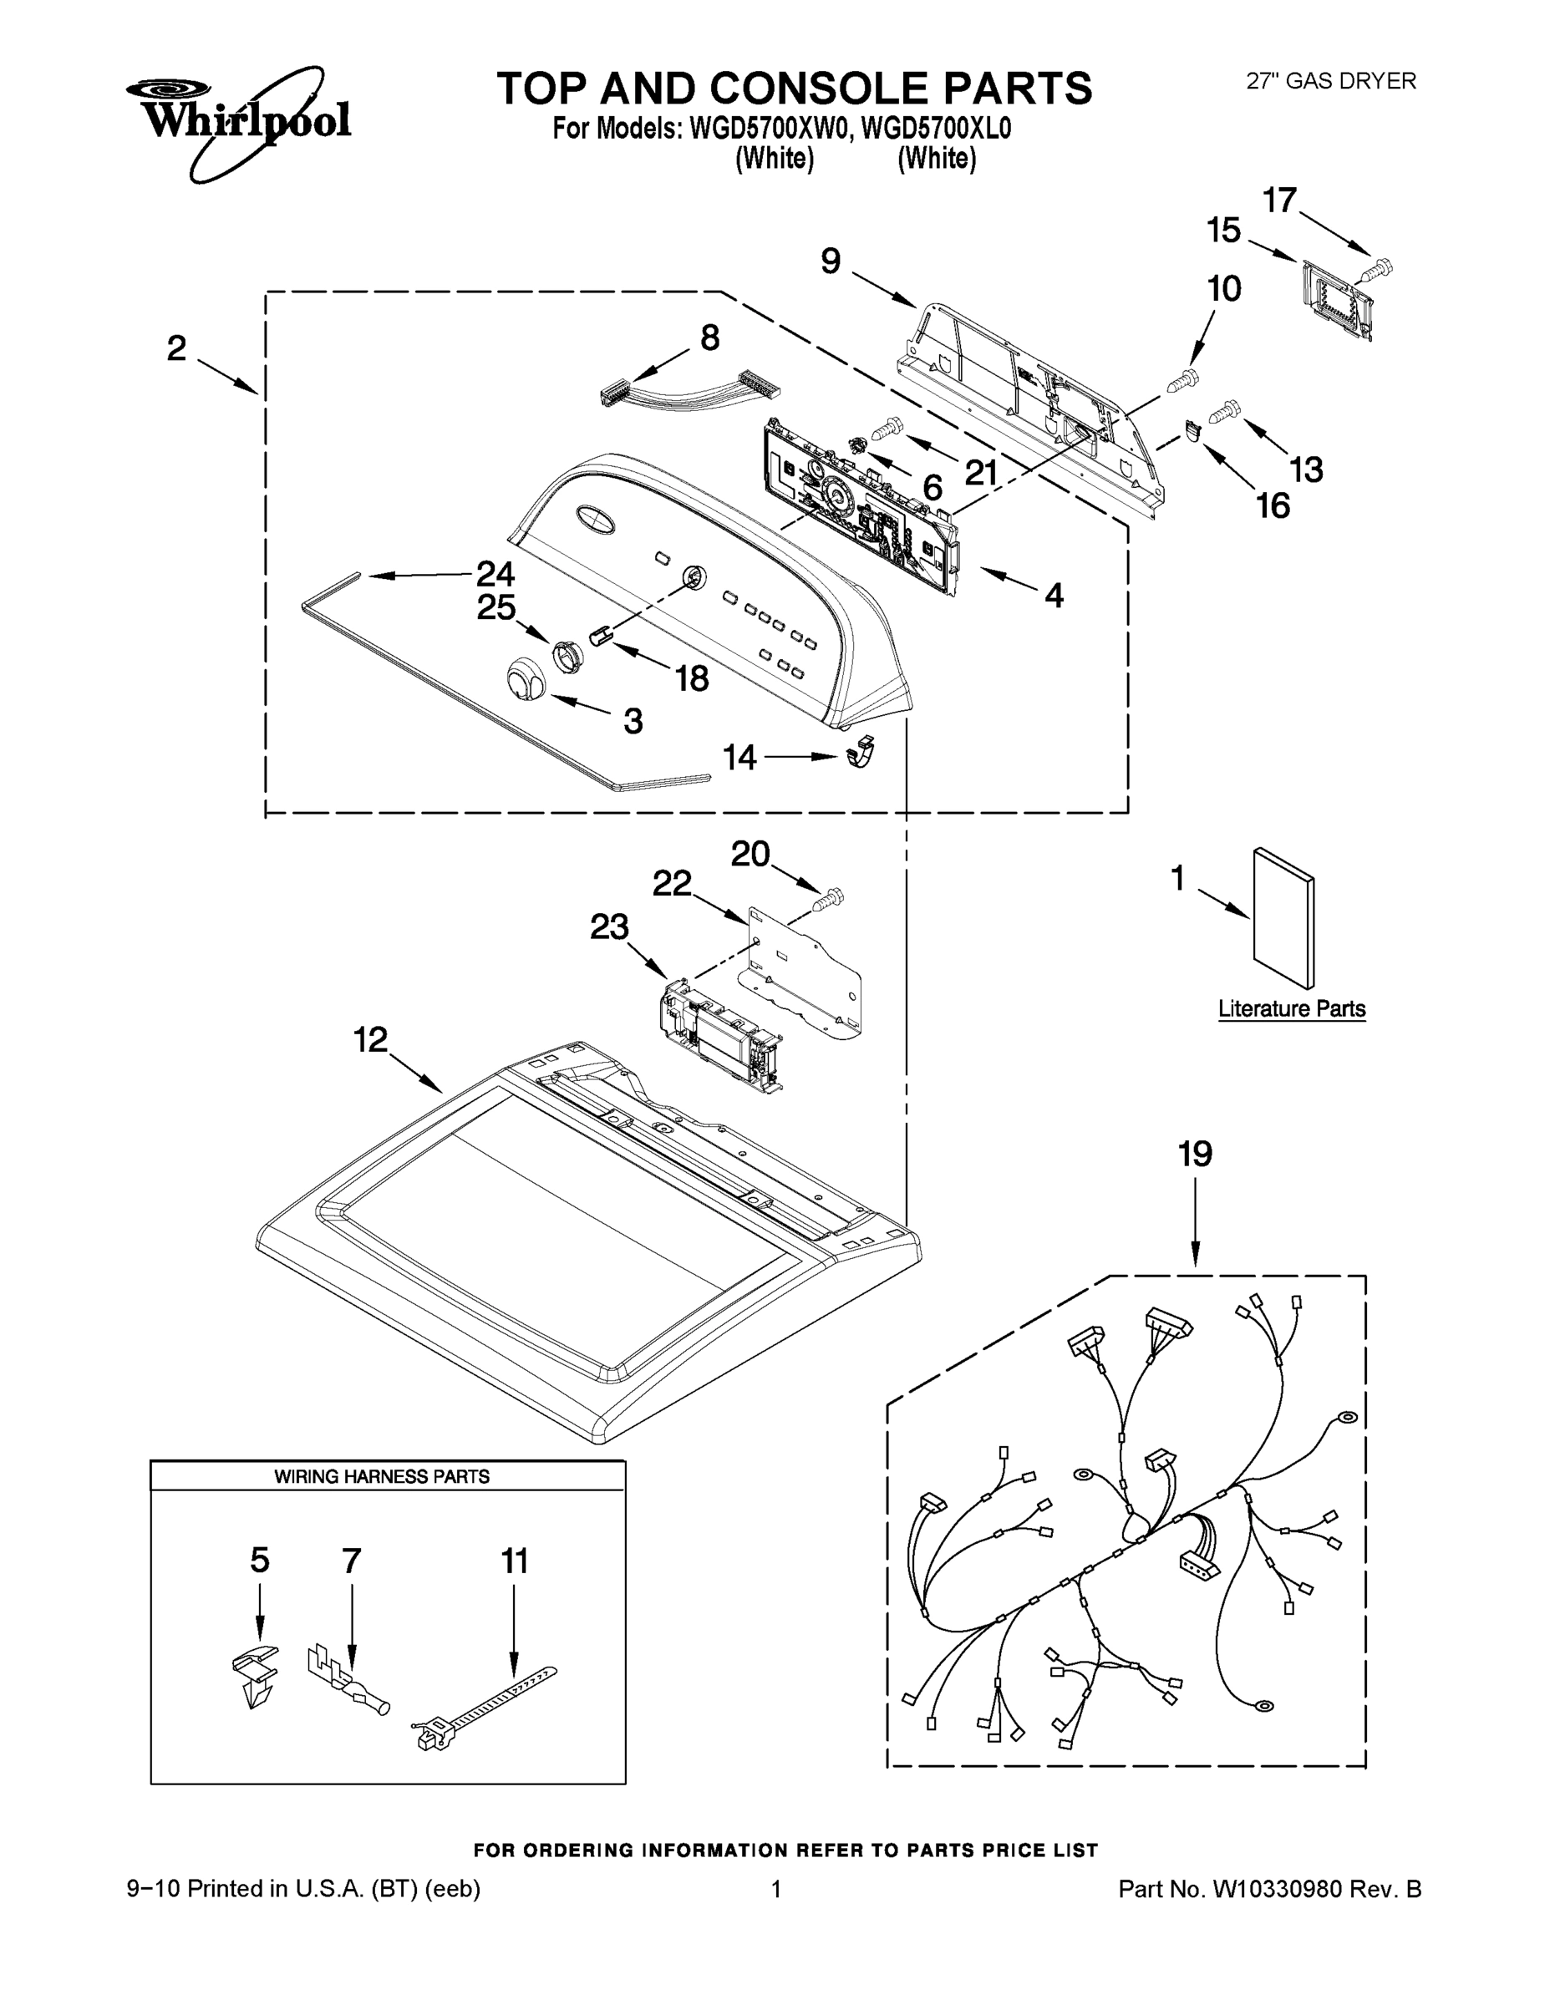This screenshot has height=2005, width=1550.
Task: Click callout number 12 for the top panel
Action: pos(371,1040)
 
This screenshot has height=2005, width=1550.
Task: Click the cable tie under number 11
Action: pos(484,1707)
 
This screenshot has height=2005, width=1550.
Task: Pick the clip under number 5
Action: pos(254,1673)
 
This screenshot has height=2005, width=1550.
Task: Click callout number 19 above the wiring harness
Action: pos(1195,1154)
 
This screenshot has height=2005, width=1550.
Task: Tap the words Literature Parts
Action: pos(1291,1009)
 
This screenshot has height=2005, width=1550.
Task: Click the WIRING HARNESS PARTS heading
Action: pos(381,1477)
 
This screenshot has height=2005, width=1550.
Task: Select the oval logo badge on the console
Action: pos(595,519)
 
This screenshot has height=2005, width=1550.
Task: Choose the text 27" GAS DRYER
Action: pos(1329,81)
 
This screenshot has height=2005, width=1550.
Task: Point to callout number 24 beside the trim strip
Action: pos(495,575)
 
